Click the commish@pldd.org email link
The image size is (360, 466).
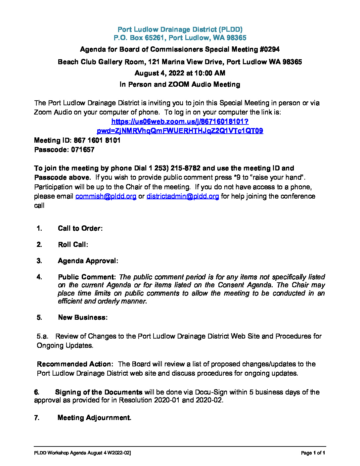click(106, 196)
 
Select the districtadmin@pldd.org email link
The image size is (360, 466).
click(183, 196)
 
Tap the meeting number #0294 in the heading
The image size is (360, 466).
click(270, 50)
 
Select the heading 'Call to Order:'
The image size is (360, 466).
click(80, 228)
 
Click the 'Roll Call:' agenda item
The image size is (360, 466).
click(73, 245)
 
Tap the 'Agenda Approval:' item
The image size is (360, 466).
click(88, 261)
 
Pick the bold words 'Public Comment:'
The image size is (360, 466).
click(87, 277)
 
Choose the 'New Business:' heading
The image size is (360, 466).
click(83, 317)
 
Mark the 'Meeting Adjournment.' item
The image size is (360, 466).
click(94, 418)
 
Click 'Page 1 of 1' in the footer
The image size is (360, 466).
click(313, 453)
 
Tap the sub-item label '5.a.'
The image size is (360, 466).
click(42, 336)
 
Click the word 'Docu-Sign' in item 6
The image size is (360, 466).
click(211, 392)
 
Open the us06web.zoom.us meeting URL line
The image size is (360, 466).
click(180, 121)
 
